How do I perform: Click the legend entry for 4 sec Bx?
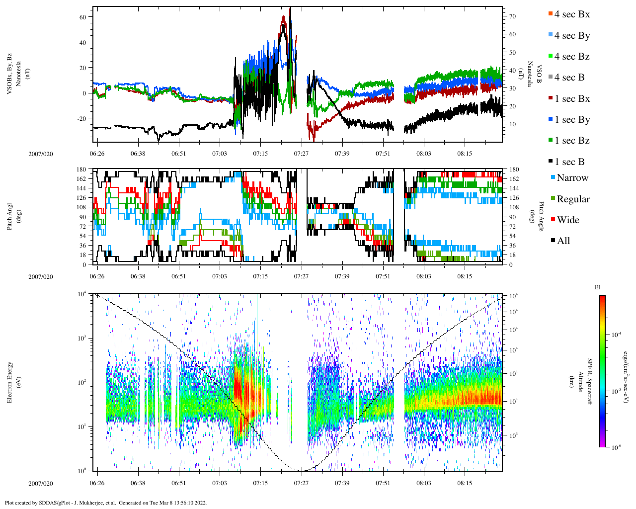click(572, 14)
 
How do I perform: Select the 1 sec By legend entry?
click(572, 120)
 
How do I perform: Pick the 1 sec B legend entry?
click(569, 162)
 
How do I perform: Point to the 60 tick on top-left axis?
click(83, 17)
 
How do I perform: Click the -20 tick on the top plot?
click(81, 118)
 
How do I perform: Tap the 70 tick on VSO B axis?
click(512, 16)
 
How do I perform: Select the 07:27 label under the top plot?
click(301, 154)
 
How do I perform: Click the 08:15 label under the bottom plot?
click(465, 483)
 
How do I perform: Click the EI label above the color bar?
click(597, 287)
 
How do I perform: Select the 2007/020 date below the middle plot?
click(41, 277)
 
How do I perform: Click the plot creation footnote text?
click(105, 503)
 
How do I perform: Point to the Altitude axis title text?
click(580, 382)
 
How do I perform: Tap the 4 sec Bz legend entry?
click(572, 57)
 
